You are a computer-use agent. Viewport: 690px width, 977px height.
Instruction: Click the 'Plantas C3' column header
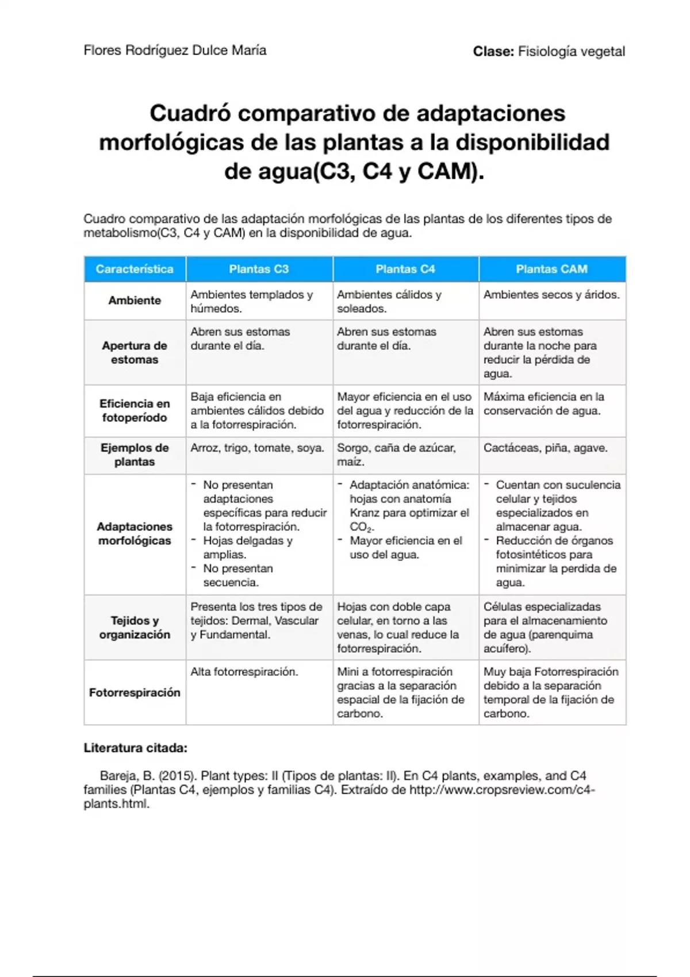coord(259,269)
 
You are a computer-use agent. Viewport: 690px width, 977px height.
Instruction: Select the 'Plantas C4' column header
coord(405,269)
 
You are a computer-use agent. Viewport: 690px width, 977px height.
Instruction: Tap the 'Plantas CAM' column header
coord(551,269)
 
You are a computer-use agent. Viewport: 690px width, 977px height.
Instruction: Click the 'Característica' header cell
coord(135,269)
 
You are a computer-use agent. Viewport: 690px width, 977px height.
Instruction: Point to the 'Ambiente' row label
coord(135,301)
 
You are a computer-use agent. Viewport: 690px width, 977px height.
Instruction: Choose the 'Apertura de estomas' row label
coord(135,352)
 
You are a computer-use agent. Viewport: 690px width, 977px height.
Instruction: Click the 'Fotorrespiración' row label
coord(135,693)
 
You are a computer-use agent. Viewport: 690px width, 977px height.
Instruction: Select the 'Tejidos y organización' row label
coord(135,628)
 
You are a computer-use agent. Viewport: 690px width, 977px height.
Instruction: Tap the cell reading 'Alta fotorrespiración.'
coord(244,672)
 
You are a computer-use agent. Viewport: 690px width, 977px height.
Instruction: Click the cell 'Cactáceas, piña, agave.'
coord(545,448)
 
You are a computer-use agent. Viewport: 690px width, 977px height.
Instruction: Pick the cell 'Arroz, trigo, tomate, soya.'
coord(258,448)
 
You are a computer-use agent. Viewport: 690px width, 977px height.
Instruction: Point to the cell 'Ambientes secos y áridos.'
coord(551,295)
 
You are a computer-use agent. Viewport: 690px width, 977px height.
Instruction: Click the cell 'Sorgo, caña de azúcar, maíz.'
coord(396,455)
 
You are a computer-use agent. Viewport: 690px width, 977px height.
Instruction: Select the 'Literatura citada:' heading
coord(136,748)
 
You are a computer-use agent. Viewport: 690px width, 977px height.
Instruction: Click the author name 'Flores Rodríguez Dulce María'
coord(175,51)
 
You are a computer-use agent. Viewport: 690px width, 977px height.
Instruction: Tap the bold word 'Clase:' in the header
coord(493,52)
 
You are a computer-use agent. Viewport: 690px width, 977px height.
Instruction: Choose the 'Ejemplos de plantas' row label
coord(135,455)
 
